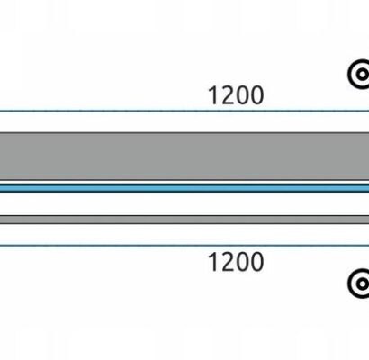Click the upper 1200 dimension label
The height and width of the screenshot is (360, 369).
click(236, 95)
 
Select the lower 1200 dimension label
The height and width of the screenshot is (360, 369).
click(236, 262)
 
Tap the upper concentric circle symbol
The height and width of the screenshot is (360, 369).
click(359, 74)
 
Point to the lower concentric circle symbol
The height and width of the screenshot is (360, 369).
click(359, 283)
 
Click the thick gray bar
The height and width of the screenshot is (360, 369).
click(184, 156)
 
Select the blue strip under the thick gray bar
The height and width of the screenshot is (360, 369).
click(184, 188)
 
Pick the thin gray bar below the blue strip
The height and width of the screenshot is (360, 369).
click(184, 220)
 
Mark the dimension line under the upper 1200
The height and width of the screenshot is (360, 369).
click(184, 111)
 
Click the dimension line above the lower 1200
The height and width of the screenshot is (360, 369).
click(184, 246)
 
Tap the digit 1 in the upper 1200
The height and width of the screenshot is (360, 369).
click(213, 95)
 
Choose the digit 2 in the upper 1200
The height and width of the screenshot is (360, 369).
click(228, 95)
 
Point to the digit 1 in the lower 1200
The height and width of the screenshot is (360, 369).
click(213, 262)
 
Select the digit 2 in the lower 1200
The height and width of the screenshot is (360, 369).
click(228, 262)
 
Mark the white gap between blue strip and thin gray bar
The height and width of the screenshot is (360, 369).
click(184, 203)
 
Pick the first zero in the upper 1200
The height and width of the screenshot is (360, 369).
click(243, 95)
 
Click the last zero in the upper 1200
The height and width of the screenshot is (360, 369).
click(257, 95)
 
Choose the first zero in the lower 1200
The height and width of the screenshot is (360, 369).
click(243, 262)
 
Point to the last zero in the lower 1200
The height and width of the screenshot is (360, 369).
click(257, 262)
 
